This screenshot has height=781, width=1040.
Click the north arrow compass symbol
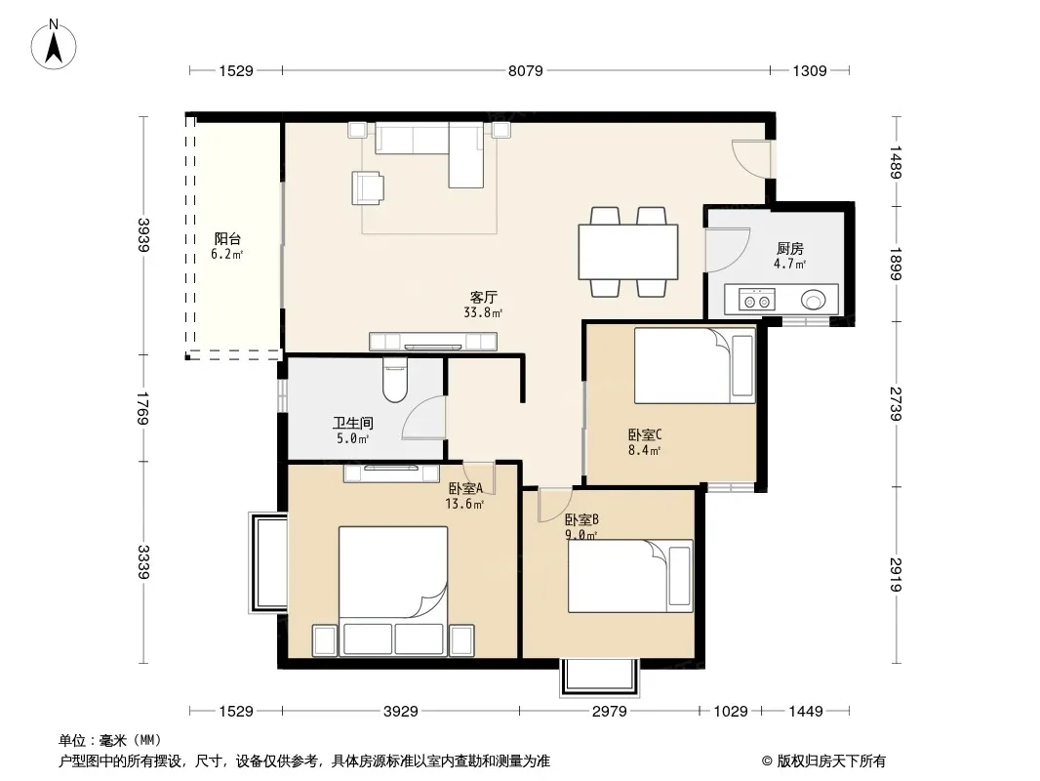pos(54,45)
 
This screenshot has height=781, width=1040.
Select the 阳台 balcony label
pos(227,239)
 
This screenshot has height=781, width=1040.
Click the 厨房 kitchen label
pos(790,248)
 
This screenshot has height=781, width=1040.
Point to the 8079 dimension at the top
pos(525,70)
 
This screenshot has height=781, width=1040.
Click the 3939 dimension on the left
pos(143,235)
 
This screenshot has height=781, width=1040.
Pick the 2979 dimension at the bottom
pos(609,712)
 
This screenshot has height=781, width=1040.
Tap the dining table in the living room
pos(628,252)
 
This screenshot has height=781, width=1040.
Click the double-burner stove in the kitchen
pos(757,300)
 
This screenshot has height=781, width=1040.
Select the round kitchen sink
pos(813,300)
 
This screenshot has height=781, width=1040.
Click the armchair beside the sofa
pos(367,187)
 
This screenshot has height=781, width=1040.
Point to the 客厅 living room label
pos(484,298)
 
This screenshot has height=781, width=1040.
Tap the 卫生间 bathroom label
pos(353,423)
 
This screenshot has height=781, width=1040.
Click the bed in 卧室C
pos(695,365)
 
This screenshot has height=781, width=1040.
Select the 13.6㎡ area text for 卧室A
pos(464,504)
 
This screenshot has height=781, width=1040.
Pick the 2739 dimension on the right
pos(896,403)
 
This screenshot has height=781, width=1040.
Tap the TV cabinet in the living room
pos(433,341)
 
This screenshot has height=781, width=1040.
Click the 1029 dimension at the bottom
pos(731,712)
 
